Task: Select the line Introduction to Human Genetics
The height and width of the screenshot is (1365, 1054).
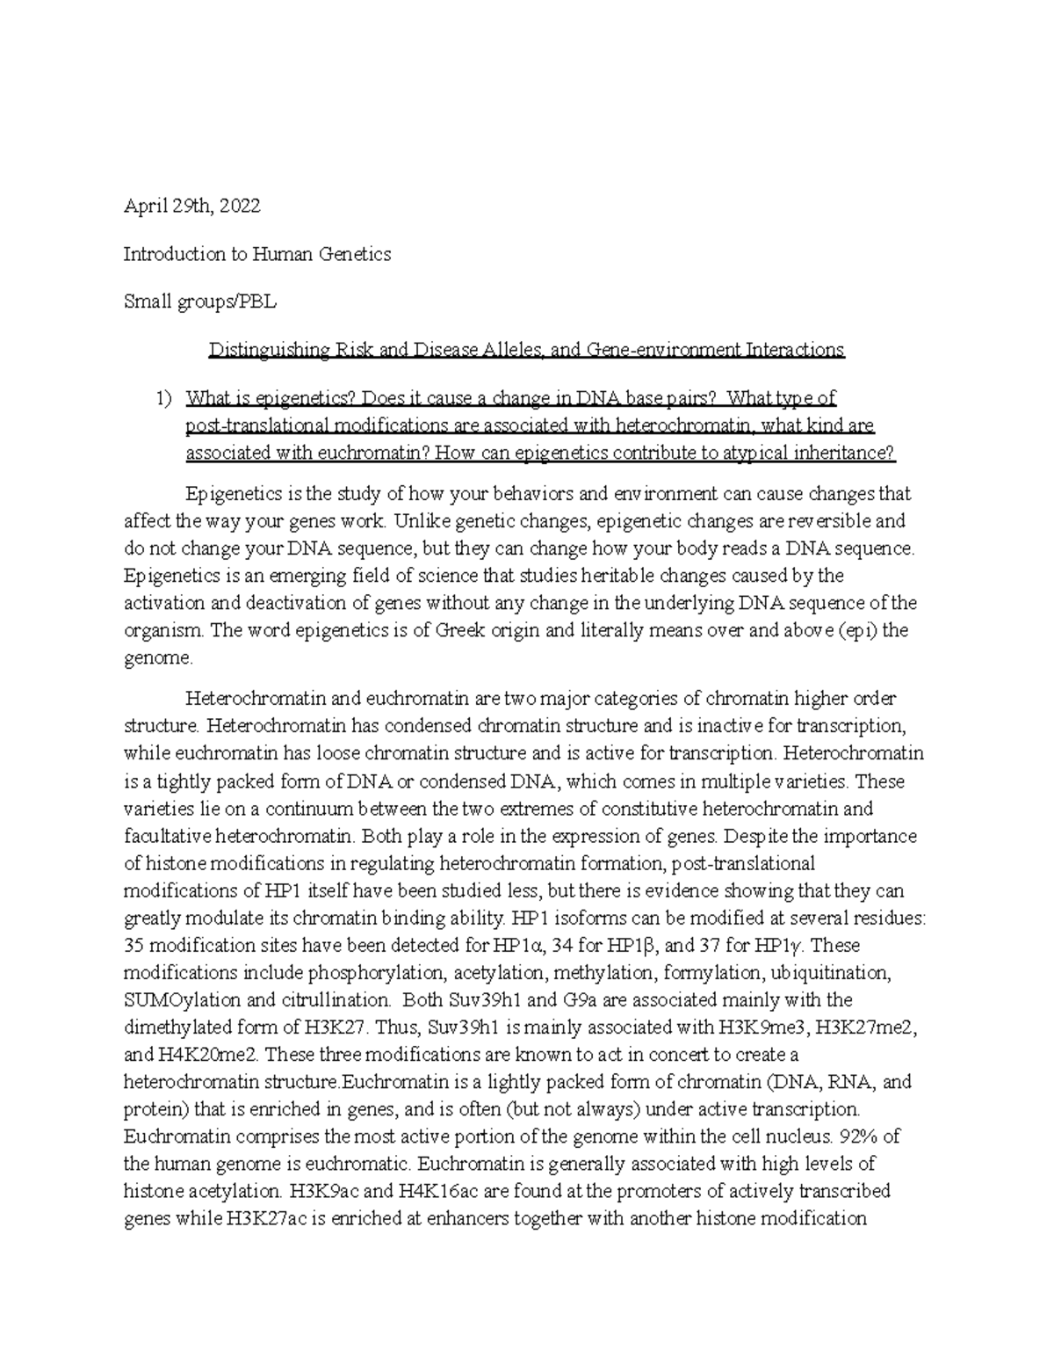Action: tap(256, 254)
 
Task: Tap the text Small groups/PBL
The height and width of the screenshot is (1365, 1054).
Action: tap(199, 301)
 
